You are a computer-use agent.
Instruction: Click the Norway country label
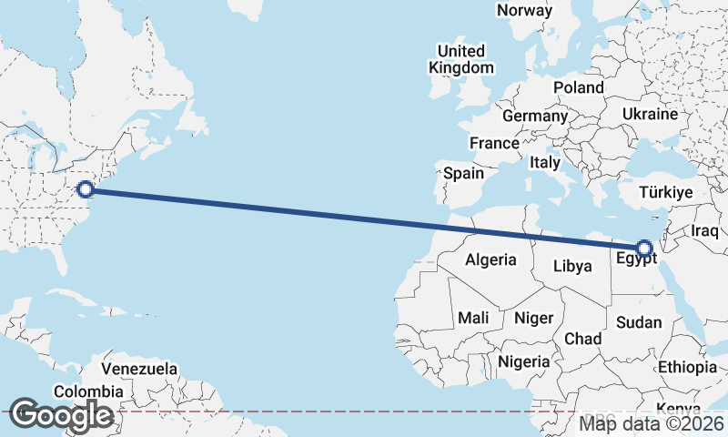click(525, 11)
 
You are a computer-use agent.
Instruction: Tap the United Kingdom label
click(461, 59)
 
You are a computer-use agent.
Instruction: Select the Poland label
click(578, 87)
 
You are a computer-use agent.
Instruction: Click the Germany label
click(534, 117)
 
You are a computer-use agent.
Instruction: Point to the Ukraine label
click(650, 115)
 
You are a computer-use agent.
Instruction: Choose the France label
click(494, 143)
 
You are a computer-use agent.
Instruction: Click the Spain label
click(463, 173)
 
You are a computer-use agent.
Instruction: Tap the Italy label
click(544, 162)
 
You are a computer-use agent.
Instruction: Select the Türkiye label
click(666, 193)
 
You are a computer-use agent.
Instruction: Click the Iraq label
click(706, 231)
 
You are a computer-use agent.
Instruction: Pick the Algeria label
click(490, 260)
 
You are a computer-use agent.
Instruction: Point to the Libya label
click(571, 266)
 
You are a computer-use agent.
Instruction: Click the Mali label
click(473, 318)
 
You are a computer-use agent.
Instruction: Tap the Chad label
click(582, 339)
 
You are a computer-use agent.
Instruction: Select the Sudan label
click(639, 322)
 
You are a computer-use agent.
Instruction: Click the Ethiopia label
click(688, 368)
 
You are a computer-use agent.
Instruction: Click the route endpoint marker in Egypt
click(644, 248)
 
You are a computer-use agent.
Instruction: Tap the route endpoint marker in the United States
click(86, 189)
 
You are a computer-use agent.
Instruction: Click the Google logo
click(61, 415)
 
